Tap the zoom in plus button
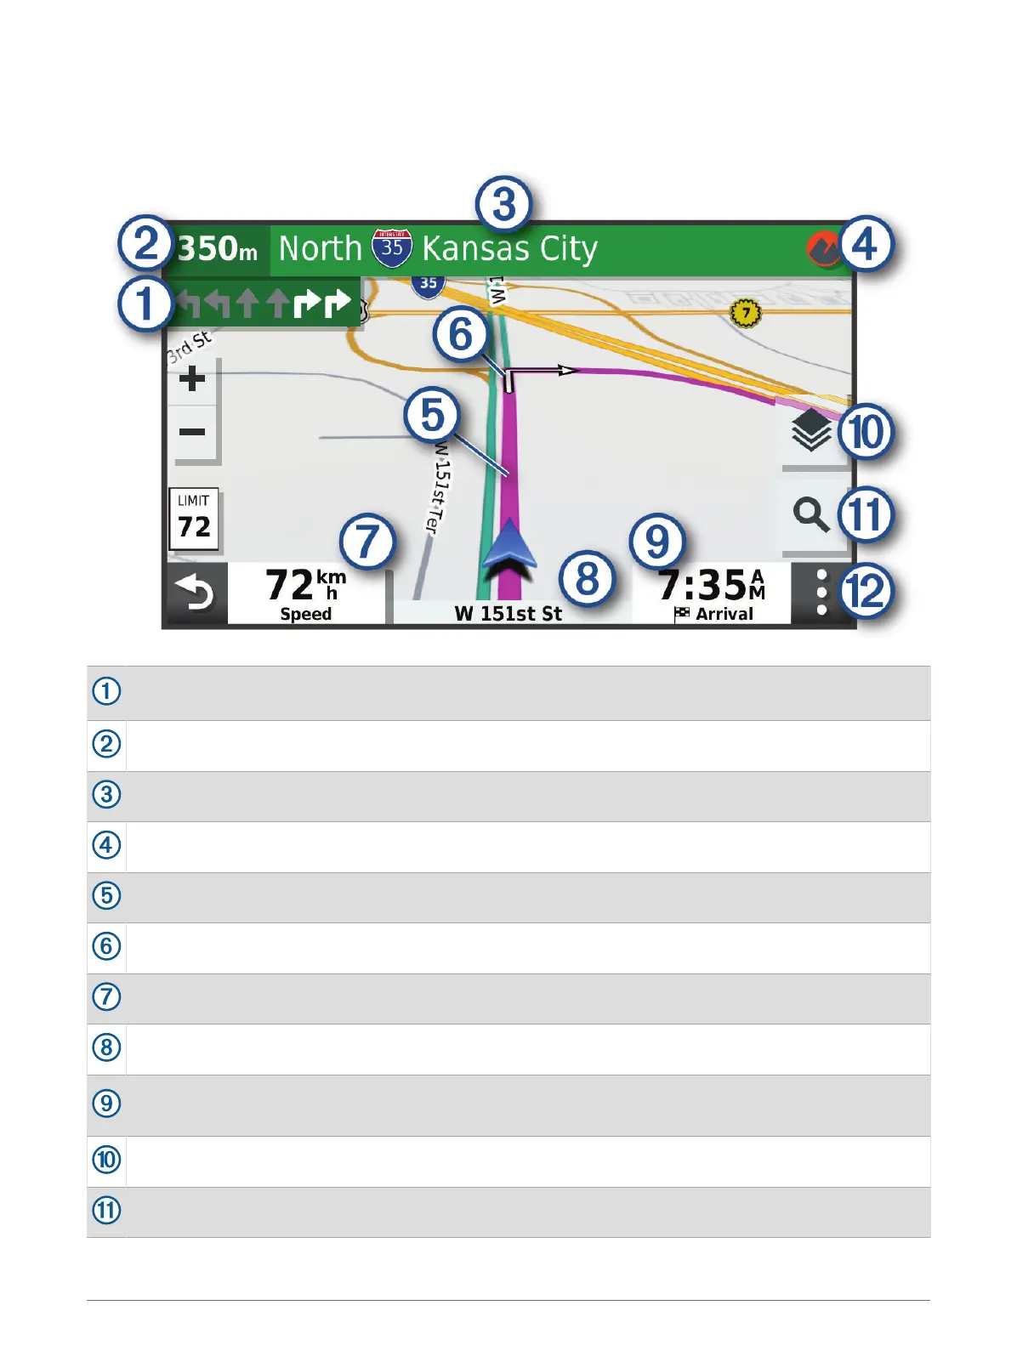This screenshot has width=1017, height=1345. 193,378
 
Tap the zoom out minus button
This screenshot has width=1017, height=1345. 193,432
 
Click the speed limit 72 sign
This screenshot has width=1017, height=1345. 194,519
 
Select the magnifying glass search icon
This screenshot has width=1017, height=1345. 811,514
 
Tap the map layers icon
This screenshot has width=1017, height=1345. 811,430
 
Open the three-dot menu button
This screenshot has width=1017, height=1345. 821,593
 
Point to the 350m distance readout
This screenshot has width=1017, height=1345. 218,249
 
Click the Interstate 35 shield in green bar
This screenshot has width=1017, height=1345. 392,248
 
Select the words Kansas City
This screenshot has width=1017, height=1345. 510,249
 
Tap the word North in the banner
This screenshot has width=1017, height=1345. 321,249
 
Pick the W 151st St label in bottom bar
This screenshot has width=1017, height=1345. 508,614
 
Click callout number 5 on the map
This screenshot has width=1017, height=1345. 432,416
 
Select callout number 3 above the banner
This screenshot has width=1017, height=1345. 503,205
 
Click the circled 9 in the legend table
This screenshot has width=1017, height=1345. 106,1104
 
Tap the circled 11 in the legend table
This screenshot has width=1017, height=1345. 106,1210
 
